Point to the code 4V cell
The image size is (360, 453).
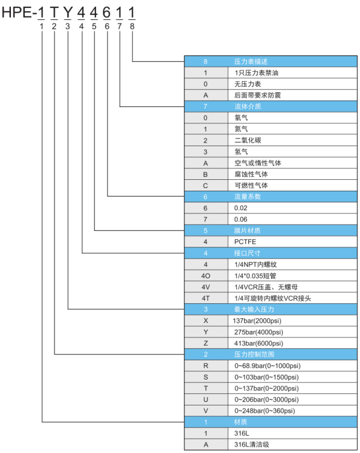pyautogui.click(x=206, y=287)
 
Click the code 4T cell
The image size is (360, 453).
pyautogui.click(x=206, y=298)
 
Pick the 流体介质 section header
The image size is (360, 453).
pyautogui.click(x=248, y=106)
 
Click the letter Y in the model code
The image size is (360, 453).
pyautogui.click(x=67, y=13)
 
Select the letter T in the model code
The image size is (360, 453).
pyautogui.click(x=54, y=13)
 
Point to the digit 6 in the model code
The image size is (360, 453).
pyautogui.click(x=106, y=13)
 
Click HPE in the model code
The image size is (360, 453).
pyautogui.click(x=17, y=13)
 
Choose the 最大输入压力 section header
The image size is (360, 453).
pyautogui.click(x=254, y=309)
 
